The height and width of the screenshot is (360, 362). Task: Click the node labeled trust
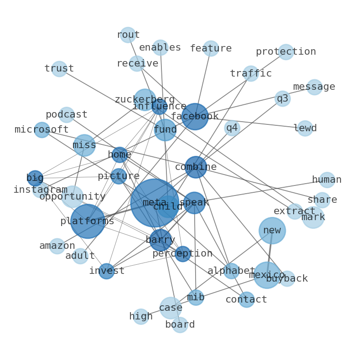(59, 69)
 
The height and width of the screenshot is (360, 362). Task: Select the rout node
(128, 35)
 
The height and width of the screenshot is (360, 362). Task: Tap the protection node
(286, 52)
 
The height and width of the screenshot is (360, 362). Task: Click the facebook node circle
(195, 117)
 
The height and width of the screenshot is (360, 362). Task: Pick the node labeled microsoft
(42, 130)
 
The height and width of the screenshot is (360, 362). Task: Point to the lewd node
(305, 129)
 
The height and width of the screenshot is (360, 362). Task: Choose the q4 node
(232, 128)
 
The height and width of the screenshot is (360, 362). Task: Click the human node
(327, 180)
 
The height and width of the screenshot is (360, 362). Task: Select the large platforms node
(88, 221)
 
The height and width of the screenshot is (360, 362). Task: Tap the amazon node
(57, 246)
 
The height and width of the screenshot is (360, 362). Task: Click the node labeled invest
(107, 271)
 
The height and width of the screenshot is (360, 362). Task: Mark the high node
(141, 317)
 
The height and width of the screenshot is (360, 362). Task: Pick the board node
(180, 325)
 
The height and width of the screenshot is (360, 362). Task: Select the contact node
(246, 300)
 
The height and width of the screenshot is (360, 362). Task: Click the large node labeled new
(272, 231)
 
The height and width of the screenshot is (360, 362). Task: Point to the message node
(314, 87)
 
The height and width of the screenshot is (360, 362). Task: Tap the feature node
(211, 48)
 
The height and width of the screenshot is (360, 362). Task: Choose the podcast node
(67, 115)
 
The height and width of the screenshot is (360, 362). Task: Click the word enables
(160, 48)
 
